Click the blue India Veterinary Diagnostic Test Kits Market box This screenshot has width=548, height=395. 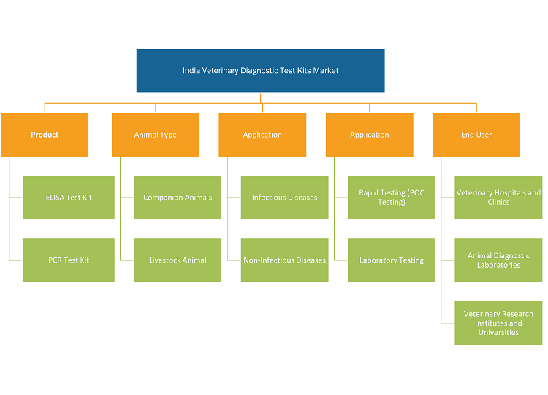coord(260,71)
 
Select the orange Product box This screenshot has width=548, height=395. coord(45,135)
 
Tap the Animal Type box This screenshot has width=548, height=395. coord(156,135)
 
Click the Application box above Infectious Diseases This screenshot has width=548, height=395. coord(262,135)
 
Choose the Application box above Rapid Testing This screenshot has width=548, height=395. coord(370,135)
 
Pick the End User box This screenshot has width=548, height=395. coord(476,135)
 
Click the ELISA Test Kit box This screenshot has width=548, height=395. coord(69,197)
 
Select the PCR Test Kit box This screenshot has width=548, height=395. coord(69,260)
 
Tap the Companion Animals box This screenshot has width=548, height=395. coord(178,197)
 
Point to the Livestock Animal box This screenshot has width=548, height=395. coord(178,260)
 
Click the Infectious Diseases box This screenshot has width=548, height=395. coord(284,197)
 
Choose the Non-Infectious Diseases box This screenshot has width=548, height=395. coord(284,260)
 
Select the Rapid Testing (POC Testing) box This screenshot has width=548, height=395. coord(392,197)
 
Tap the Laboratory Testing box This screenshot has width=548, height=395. coord(392,260)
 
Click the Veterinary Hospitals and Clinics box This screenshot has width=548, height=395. coord(498,197)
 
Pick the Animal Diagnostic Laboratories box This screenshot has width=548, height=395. coord(498,260)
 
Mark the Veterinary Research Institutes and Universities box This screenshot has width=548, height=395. coord(498,323)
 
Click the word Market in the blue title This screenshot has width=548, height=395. coord(326,71)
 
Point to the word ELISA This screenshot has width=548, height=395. coord(53,197)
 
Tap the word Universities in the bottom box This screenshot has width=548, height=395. coord(498,332)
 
